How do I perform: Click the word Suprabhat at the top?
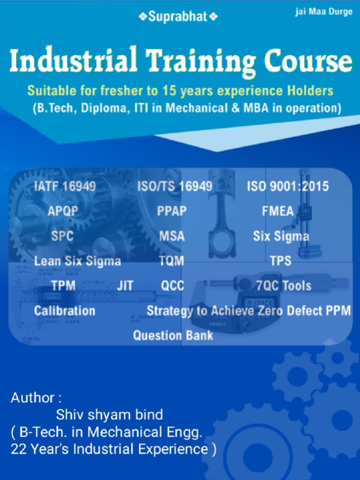click(x=178, y=17)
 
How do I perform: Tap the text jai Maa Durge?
click(x=323, y=12)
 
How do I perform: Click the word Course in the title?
click(x=307, y=61)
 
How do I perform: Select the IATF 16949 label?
click(x=65, y=187)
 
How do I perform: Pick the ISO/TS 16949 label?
click(x=174, y=187)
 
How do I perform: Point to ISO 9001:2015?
click(x=288, y=187)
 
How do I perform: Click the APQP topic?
click(x=63, y=211)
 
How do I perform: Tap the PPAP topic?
click(x=172, y=211)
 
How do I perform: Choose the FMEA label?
click(x=277, y=211)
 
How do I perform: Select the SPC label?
click(x=62, y=236)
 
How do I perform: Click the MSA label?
click(x=172, y=236)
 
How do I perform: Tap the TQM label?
click(x=171, y=261)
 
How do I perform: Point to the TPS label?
click(x=280, y=261)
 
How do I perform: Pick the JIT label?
click(x=125, y=285)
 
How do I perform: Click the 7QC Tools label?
click(x=284, y=285)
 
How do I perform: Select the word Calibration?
click(x=65, y=310)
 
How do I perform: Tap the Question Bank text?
click(x=173, y=335)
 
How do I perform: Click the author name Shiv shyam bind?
click(x=110, y=414)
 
